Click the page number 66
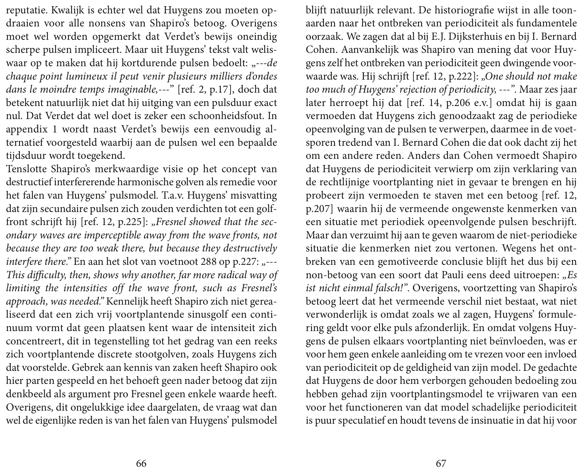(141, 463)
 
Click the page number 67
(441, 463)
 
